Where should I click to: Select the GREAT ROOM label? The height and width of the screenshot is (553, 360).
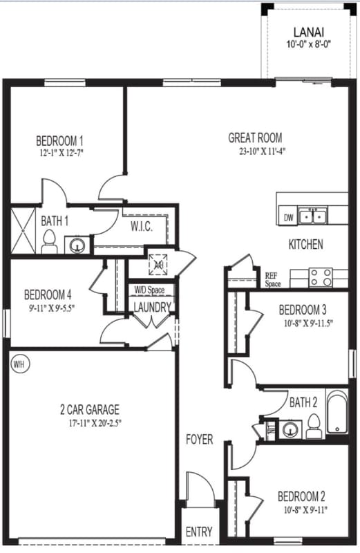(x=255, y=138)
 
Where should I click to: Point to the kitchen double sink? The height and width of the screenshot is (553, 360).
(x=317, y=216)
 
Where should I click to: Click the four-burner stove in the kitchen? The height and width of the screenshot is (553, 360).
(x=321, y=277)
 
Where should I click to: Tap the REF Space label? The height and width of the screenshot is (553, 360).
(x=273, y=279)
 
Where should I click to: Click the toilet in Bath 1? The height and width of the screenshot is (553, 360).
(x=48, y=241)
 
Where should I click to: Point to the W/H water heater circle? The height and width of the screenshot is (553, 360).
(x=18, y=362)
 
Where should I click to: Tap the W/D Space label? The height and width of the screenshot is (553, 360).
(x=149, y=290)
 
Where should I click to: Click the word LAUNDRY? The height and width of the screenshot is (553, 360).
(x=151, y=307)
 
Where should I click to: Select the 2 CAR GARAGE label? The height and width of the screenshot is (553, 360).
(x=90, y=409)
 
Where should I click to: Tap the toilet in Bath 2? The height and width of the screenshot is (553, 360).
(x=313, y=426)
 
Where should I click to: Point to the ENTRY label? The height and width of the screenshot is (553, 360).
(x=199, y=532)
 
